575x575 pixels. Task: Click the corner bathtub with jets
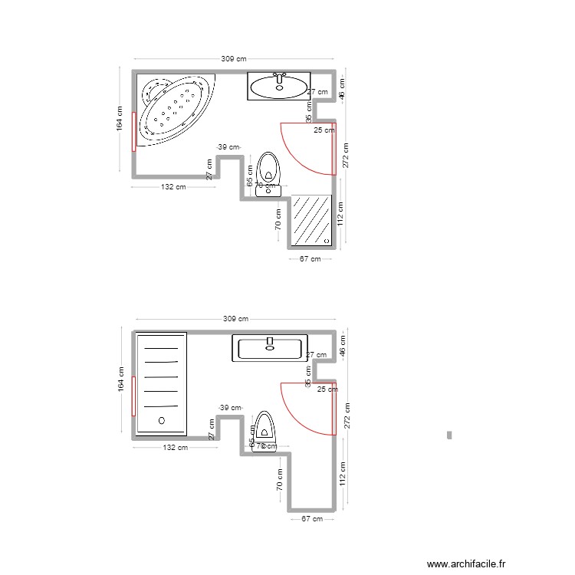point(175,107)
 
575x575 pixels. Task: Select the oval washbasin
point(279,86)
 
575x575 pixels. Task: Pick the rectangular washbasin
point(270,348)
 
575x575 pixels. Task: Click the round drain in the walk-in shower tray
point(161,420)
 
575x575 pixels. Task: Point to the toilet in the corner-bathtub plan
point(268,172)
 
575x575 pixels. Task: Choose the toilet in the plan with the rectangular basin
point(265,431)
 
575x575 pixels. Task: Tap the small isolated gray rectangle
point(449,435)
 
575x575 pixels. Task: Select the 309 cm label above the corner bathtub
point(234,59)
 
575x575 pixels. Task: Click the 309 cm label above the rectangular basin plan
point(235,319)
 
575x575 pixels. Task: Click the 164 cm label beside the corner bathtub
point(120,119)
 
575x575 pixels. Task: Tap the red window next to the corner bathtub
point(134,130)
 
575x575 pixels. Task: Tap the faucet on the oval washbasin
point(281,77)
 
